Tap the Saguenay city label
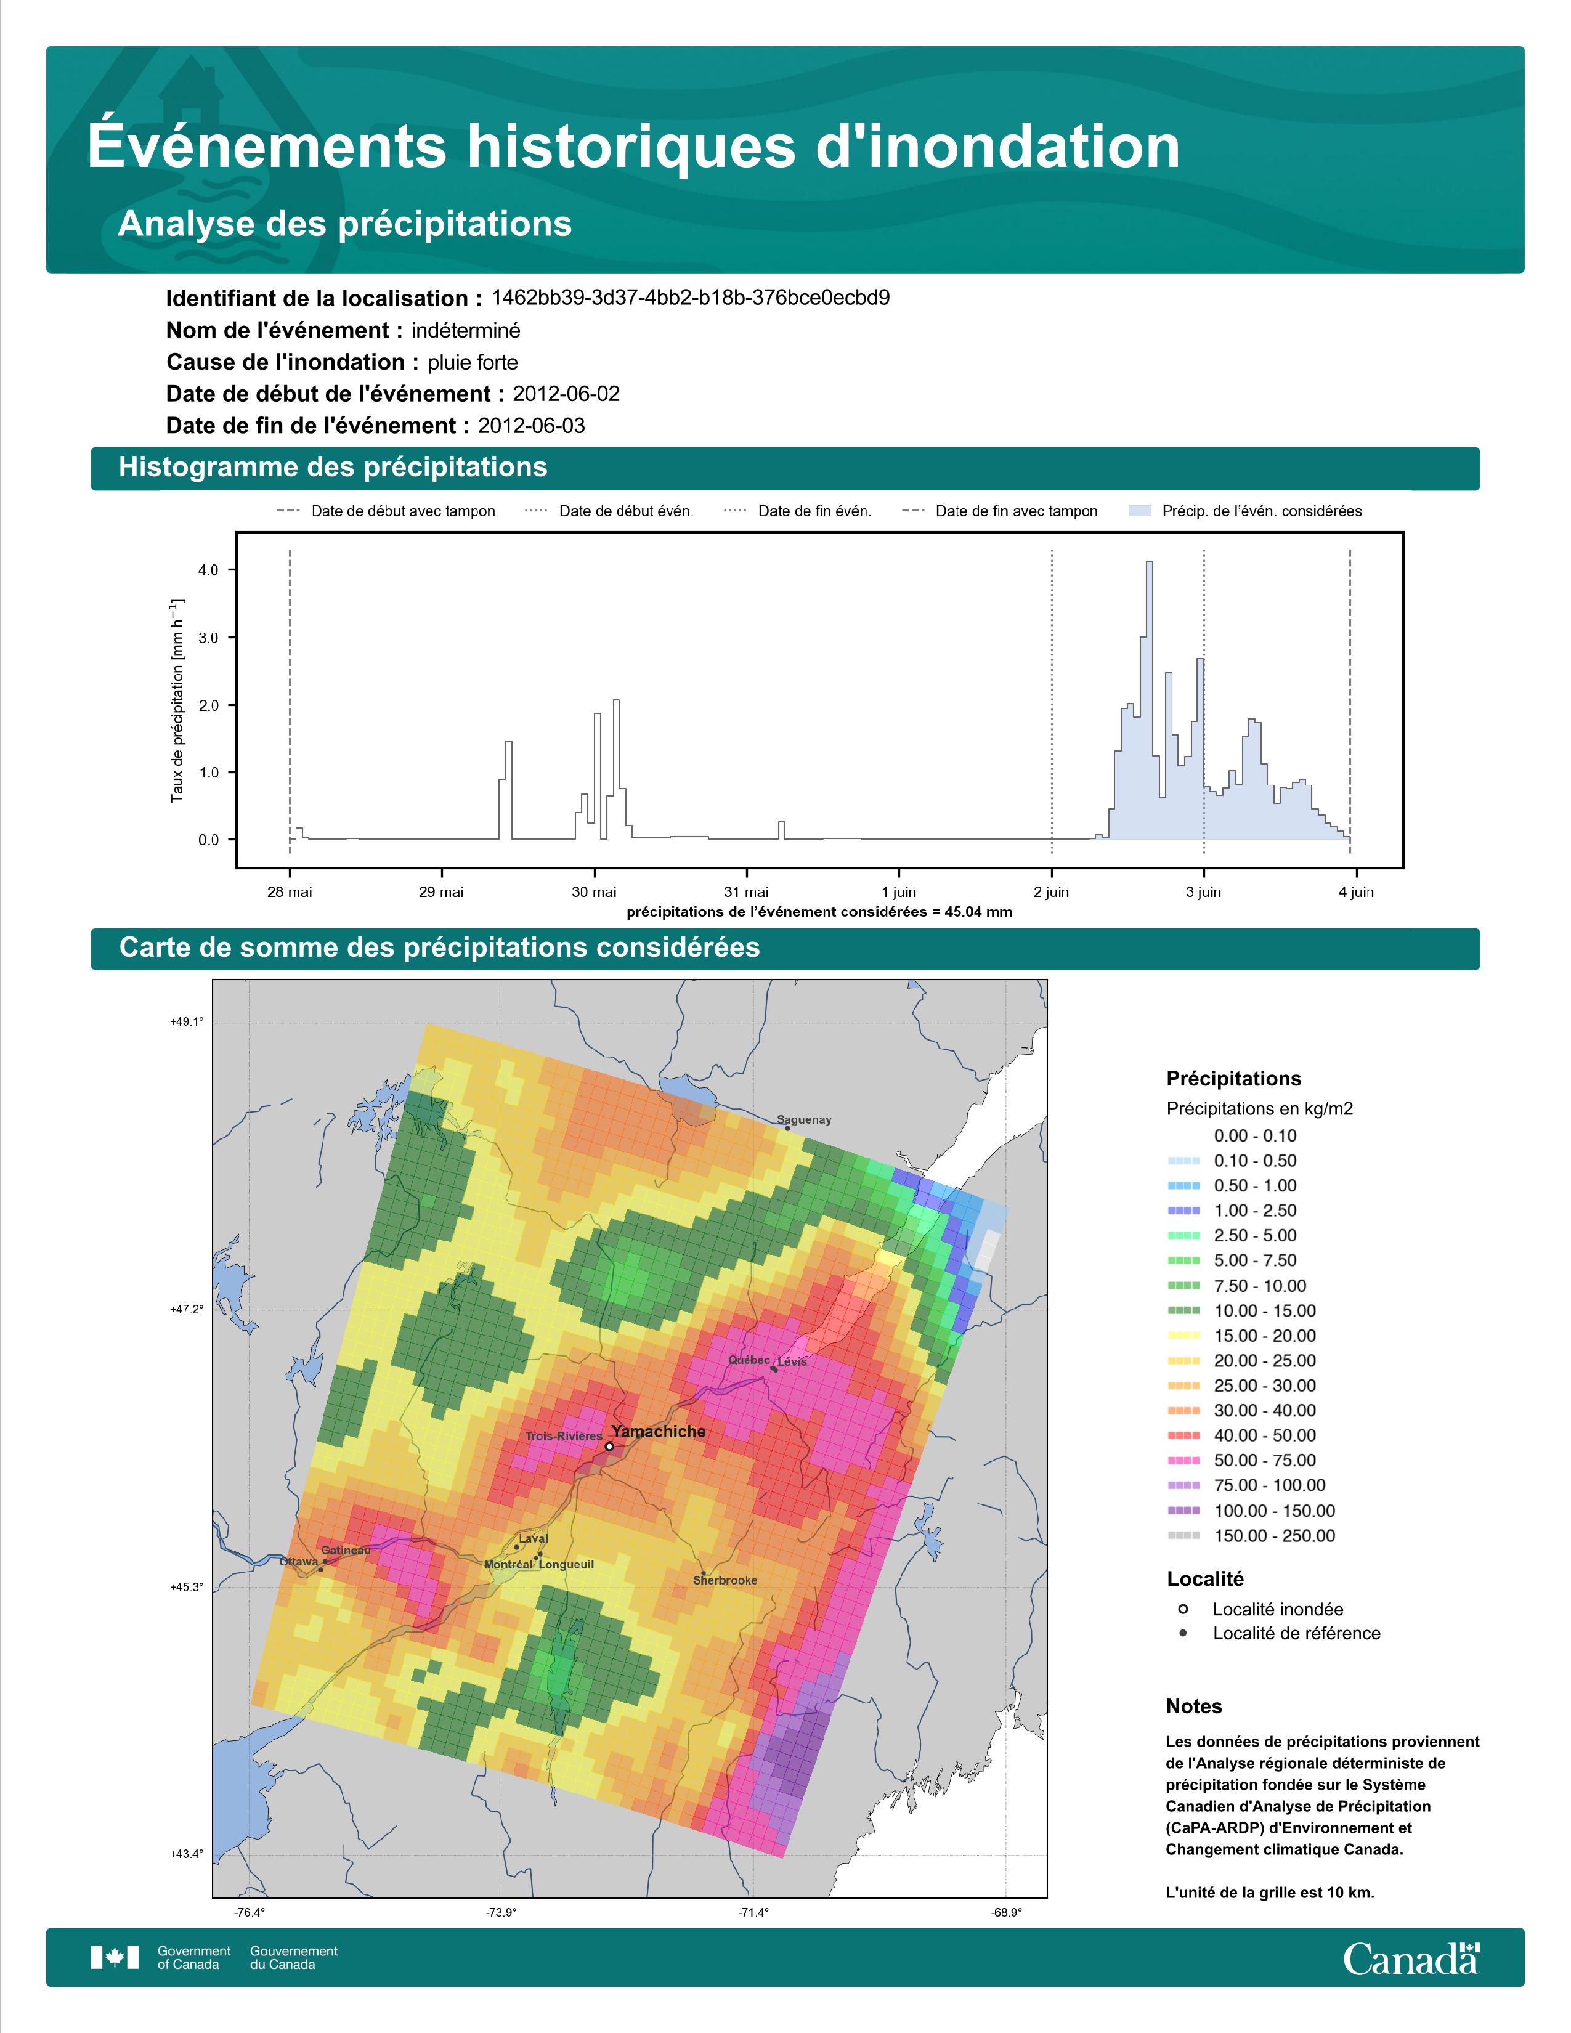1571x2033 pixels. click(x=804, y=1120)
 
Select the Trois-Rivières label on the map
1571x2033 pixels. click(x=564, y=1436)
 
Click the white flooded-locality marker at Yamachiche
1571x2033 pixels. click(x=609, y=1447)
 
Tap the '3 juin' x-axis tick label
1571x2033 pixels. click(x=1203, y=892)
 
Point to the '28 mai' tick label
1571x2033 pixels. click(x=290, y=892)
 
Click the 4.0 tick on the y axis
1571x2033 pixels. click(x=208, y=570)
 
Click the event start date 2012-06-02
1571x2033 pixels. click(x=566, y=394)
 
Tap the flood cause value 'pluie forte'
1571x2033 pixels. click(x=473, y=362)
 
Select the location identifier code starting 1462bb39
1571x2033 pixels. click(x=691, y=298)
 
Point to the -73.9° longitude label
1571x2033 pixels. click(x=501, y=1913)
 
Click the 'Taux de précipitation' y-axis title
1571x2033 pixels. click(x=177, y=701)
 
